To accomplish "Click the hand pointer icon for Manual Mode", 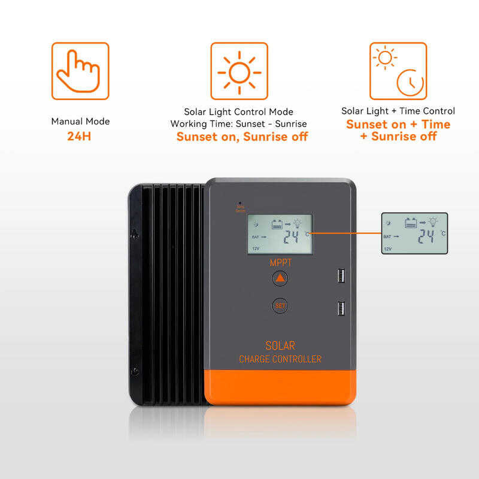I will [80, 71].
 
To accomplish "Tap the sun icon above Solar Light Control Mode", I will [239, 71].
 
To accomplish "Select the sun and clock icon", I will [398, 71].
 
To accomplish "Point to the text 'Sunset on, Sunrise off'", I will [242, 137].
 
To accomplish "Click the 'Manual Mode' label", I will [80, 122].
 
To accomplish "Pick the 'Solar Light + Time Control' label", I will [398, 111].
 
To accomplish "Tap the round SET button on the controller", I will [280, 305].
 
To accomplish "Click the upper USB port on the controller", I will [340, 276].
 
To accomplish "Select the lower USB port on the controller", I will [340, 309].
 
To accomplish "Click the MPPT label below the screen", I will [280, 262].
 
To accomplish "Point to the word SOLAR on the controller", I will [280, 346].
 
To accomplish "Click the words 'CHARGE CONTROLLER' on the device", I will [280, 359].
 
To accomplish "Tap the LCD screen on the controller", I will [280, 235].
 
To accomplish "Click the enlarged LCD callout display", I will [414, 234].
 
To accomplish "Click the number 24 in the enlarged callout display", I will [426, 236].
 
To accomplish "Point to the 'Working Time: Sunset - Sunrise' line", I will [239, 123].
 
